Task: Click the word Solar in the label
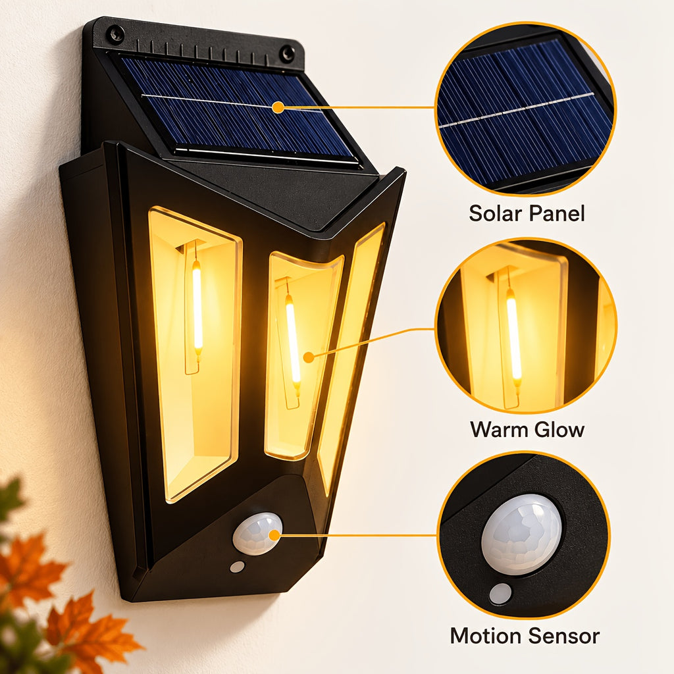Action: click(x=494, y=213)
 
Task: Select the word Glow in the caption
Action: click(x=559, y=429)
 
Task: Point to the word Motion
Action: click(x=485, y=636)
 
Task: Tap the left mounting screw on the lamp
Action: click(x=116, y=34)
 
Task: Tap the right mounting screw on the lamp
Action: click(x=287, y=54)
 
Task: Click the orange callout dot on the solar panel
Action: click(x=278, y=107)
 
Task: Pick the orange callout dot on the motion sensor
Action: click(x=274, y=535)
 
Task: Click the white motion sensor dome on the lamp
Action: click(x=257, y=533)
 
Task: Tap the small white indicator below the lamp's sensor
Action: click(x=237, y=567)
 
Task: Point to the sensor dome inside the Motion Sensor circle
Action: click(x=521, y=534)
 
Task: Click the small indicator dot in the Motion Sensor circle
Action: click(x=500, y=594)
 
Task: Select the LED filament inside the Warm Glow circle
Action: click(x=513, y=334)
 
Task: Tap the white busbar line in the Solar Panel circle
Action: click(x=516, y=110)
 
